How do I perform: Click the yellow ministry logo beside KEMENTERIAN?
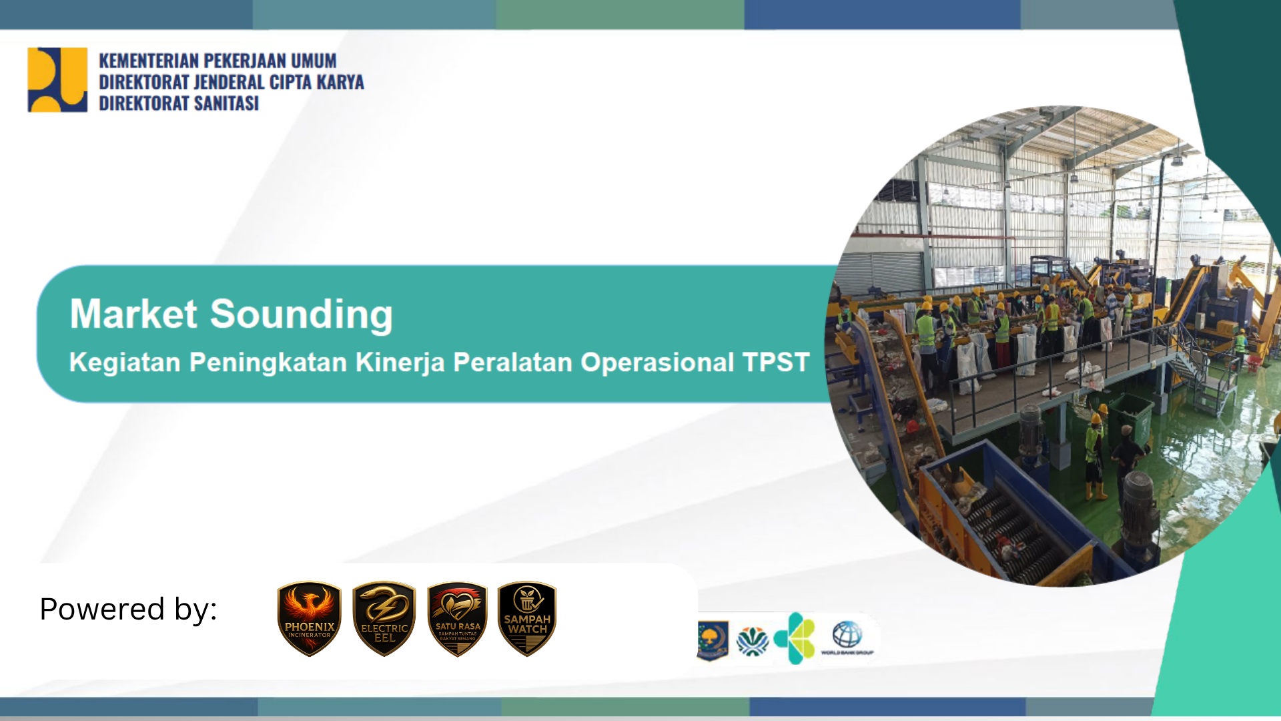click(57, 79)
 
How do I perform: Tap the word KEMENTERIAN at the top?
click(148, 61)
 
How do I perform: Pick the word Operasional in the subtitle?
click(657, 363)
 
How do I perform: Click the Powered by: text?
click(128, 609)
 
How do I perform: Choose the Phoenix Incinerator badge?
click(310, 618)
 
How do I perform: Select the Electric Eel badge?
click(384, 618)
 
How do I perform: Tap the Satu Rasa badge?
click(458, 618)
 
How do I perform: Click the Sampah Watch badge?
click(527, 618)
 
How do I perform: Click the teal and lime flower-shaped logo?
click(795, 638)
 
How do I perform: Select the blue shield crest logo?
click(712, 640)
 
